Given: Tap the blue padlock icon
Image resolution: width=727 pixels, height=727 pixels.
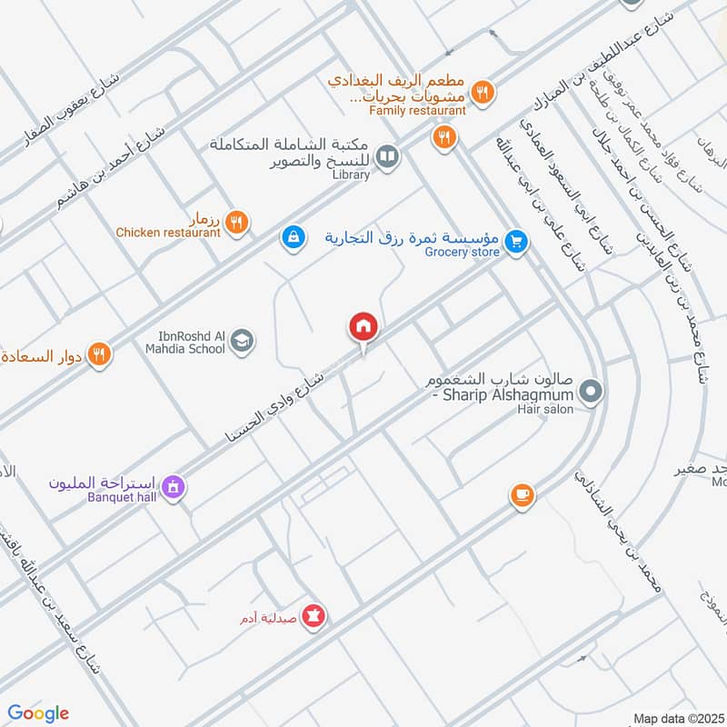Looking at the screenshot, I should [292, 236].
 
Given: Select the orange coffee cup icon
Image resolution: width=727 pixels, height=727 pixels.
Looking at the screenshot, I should [522, 494].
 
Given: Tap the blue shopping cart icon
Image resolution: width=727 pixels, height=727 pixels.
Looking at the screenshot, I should [516, 242].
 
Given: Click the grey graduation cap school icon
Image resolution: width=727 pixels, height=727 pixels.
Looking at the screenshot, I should [243, 341].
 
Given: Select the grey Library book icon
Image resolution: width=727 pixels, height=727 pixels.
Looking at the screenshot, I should [388, 158].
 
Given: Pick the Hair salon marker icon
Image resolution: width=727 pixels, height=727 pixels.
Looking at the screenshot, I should [592, 393].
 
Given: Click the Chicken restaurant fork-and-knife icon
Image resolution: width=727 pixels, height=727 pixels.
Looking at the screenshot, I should [236, 221].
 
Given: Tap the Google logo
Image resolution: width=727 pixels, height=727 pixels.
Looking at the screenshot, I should [38, 713].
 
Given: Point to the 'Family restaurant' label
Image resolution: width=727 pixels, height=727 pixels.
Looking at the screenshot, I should [418, 111].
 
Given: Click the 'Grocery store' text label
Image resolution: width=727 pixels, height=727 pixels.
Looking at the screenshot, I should [463, 252].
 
